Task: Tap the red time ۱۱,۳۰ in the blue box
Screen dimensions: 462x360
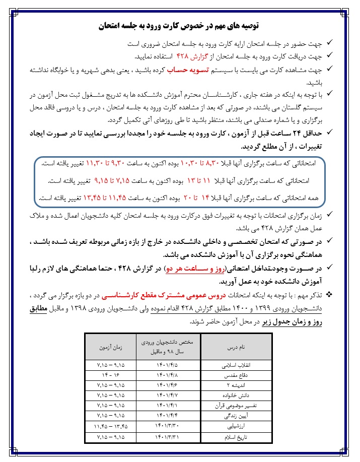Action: coord(102,164)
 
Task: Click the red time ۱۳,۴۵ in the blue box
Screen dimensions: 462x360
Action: coord(93,199)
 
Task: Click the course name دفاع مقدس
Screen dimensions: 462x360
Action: coord(236,375)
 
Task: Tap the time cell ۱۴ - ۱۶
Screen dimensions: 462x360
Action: coord(111,375)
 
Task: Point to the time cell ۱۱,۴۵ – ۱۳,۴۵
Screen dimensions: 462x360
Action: coord(111,426)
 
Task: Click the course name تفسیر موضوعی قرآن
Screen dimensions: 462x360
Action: coord(236,406)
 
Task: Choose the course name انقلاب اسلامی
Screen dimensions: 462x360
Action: coord(236,365)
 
